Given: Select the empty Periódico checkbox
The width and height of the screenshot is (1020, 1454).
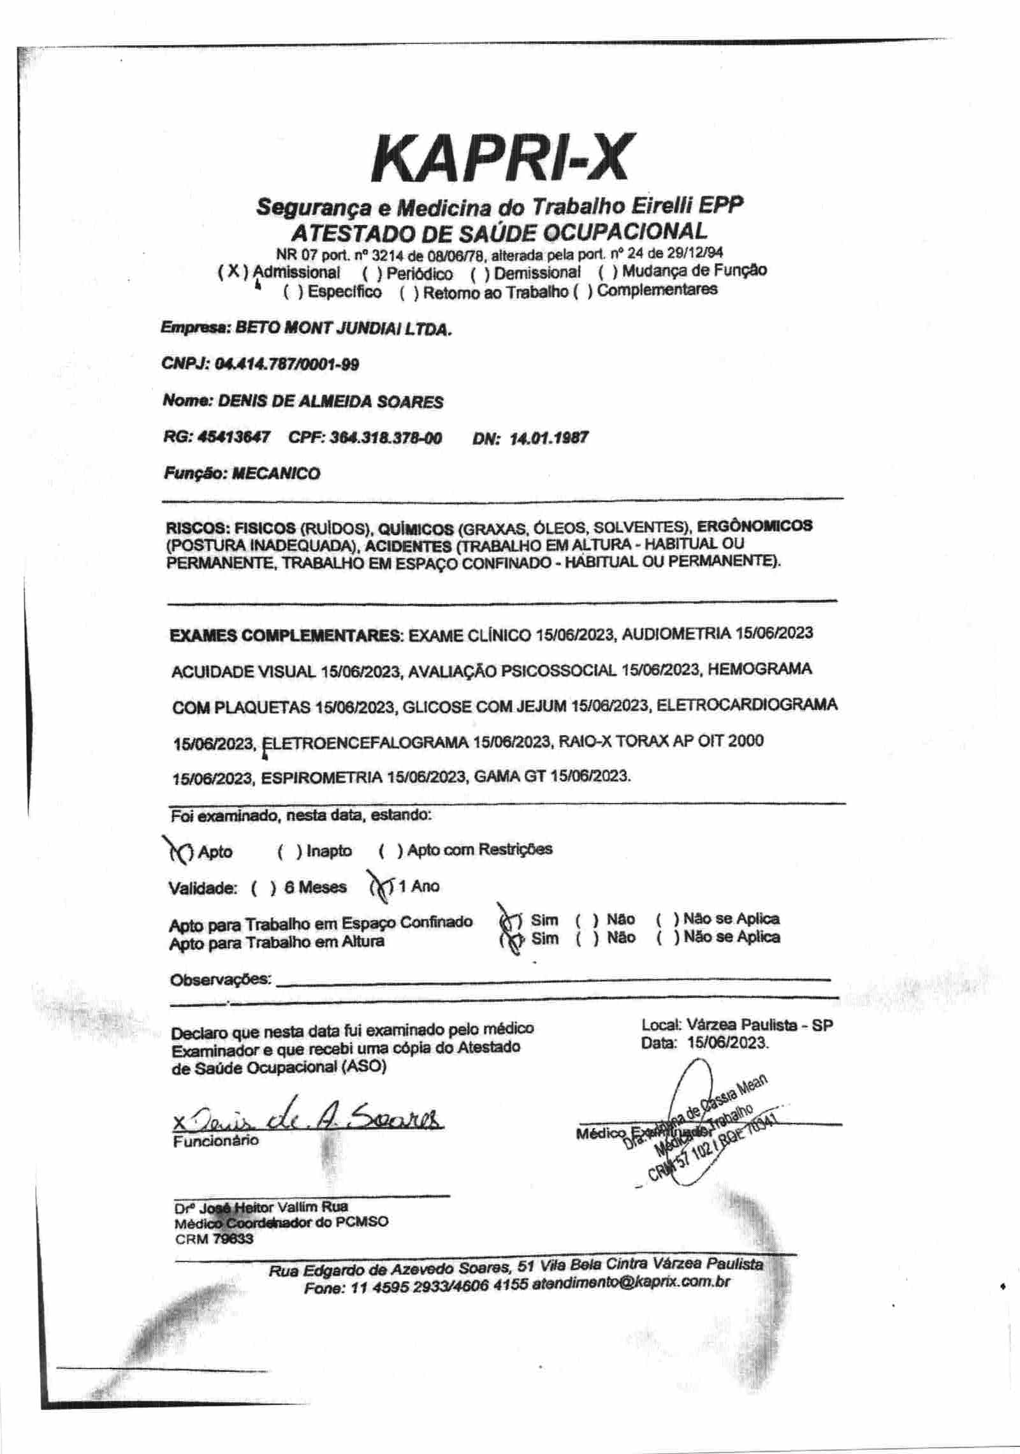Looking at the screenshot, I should click(x=372, y=274).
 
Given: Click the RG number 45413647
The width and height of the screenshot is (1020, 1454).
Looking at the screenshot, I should click(x=233, y=437).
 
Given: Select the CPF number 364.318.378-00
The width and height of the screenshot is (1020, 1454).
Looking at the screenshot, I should click(x=385, y=438).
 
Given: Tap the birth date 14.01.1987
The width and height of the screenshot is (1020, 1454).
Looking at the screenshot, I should click(x=549, y=438).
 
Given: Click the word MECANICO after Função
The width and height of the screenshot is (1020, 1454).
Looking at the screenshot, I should click(x=276, y=474).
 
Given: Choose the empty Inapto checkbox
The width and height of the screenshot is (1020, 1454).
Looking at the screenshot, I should click(x=290, y=852).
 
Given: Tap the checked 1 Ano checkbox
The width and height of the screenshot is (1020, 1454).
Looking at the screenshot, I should click(x=382, y=887).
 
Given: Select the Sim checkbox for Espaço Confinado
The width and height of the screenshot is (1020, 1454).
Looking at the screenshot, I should click(x=511, y=921).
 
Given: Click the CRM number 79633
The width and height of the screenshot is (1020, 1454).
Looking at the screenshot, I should click(x=233, y=1238).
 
